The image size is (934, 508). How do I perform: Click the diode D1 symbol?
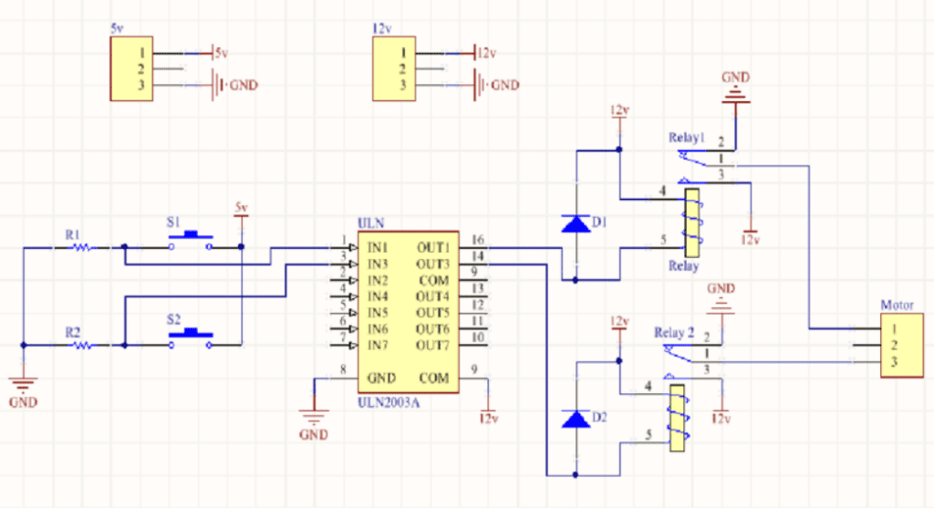(x=576, y=223)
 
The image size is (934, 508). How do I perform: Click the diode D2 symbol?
(x=576, y=420)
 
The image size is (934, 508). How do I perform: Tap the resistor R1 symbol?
(x=80, y=246)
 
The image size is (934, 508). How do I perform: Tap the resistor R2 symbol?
(x=80, y=346)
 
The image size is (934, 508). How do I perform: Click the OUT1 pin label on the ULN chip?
(x=433, y=247)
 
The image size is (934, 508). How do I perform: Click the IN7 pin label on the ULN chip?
(x=378, y=346)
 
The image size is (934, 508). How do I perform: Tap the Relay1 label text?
(x=687, y=139)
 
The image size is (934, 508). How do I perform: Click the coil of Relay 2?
(x=677, y=418)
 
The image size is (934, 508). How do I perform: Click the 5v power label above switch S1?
(x=241, y=208)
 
